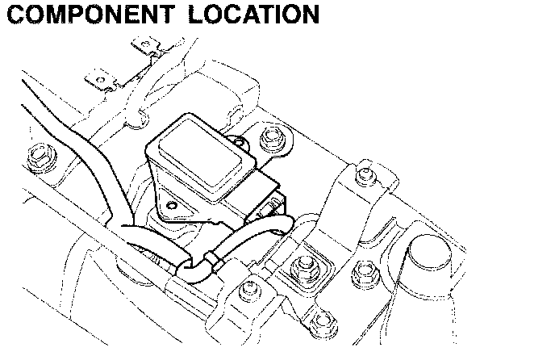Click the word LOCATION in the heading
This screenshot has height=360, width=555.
point(249,14)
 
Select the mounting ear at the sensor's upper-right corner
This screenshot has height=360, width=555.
point(238,145)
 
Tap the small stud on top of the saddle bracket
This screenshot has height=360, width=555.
point(365,172)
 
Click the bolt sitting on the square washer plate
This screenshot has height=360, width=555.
point(304,264)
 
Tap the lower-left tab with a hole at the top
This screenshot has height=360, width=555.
point(99,82)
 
